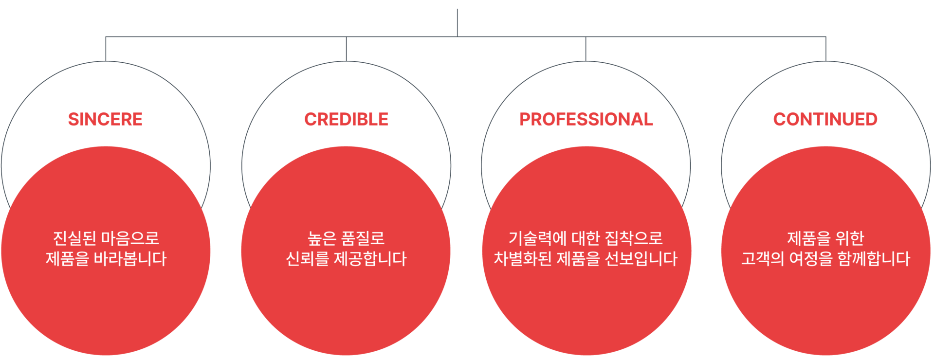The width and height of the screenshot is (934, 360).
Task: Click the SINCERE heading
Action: pyautogui.click(x=105, y=119)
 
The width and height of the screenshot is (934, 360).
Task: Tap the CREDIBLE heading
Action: pyautogui.click(x=346, y=119)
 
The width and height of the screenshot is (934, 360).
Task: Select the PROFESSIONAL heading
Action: pyautogui.click(x=586, y=119)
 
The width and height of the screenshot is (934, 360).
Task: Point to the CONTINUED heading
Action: pyautogui.click(x=825, y=119)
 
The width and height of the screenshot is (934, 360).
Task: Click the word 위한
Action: pyautogui.click(x=849, y=238)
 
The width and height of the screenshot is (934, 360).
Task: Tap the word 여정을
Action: pyautogui.click(x=811, y=258)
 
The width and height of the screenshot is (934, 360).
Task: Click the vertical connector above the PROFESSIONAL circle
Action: pyautogui.click(x=586, y=49)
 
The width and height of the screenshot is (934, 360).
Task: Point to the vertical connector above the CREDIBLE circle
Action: pyautogui.click(x=346, y=49)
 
